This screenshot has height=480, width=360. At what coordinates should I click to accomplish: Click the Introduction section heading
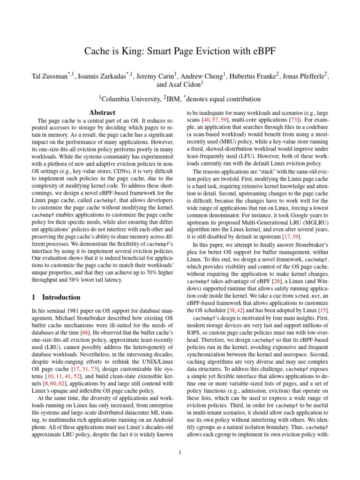[x=61, y=297]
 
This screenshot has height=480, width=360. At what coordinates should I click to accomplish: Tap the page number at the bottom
[x=180, y=452]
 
